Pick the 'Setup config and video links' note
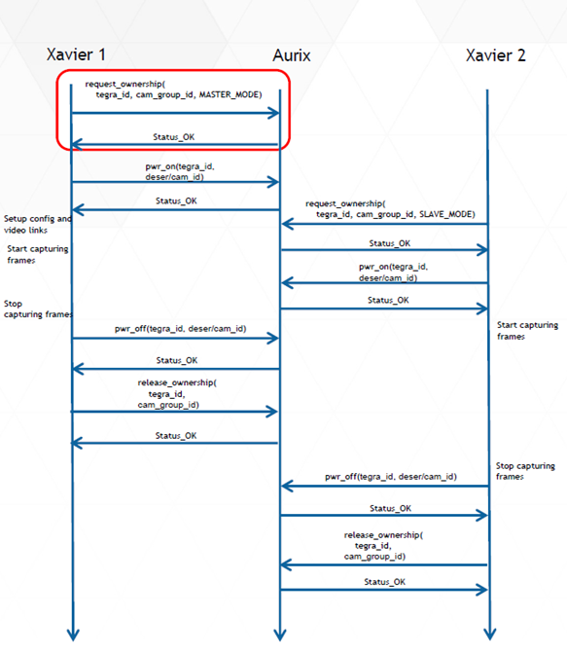[37, 224]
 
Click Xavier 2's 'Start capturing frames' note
[527, 331]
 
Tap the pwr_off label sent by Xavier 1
[175, 329]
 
